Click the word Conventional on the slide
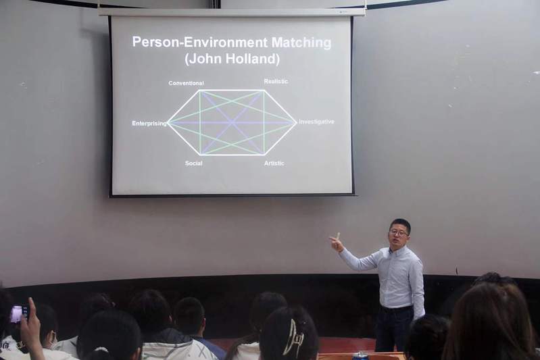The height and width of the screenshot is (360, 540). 186,83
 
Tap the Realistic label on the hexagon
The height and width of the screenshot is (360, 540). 276,81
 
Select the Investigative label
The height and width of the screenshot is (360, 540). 316,122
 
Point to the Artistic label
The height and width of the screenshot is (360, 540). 274,163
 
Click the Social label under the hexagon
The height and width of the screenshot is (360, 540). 193,163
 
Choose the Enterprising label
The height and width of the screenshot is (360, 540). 149,123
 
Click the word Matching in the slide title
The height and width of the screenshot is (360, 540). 301,43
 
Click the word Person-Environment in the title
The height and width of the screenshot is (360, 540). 200,42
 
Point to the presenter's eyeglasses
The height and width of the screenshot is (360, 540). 399,233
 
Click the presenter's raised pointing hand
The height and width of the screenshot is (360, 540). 337,242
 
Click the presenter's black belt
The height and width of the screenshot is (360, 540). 397,309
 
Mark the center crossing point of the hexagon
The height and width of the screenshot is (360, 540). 232,122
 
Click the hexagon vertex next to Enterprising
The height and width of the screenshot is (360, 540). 168,123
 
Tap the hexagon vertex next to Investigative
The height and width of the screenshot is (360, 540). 296,122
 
